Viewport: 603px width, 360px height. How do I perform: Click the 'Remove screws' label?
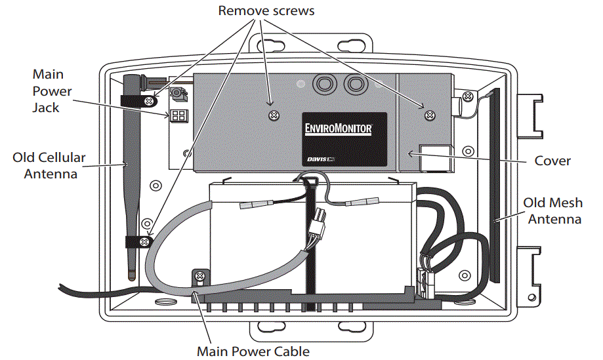[x=266, y=10]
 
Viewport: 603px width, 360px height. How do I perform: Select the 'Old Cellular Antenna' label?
[x=50, y=165]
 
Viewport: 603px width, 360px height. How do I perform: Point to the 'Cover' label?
[x=552, y=160]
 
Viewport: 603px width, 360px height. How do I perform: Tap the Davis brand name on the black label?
[x=318, y=159]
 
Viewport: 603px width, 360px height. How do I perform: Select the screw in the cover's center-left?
[x=273, y=116]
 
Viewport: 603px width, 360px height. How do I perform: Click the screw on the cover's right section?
[x=428, y=115]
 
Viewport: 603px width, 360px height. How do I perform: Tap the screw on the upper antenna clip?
[x=150, y=102]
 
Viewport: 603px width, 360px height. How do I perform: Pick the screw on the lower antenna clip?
[x=142, y=243]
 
